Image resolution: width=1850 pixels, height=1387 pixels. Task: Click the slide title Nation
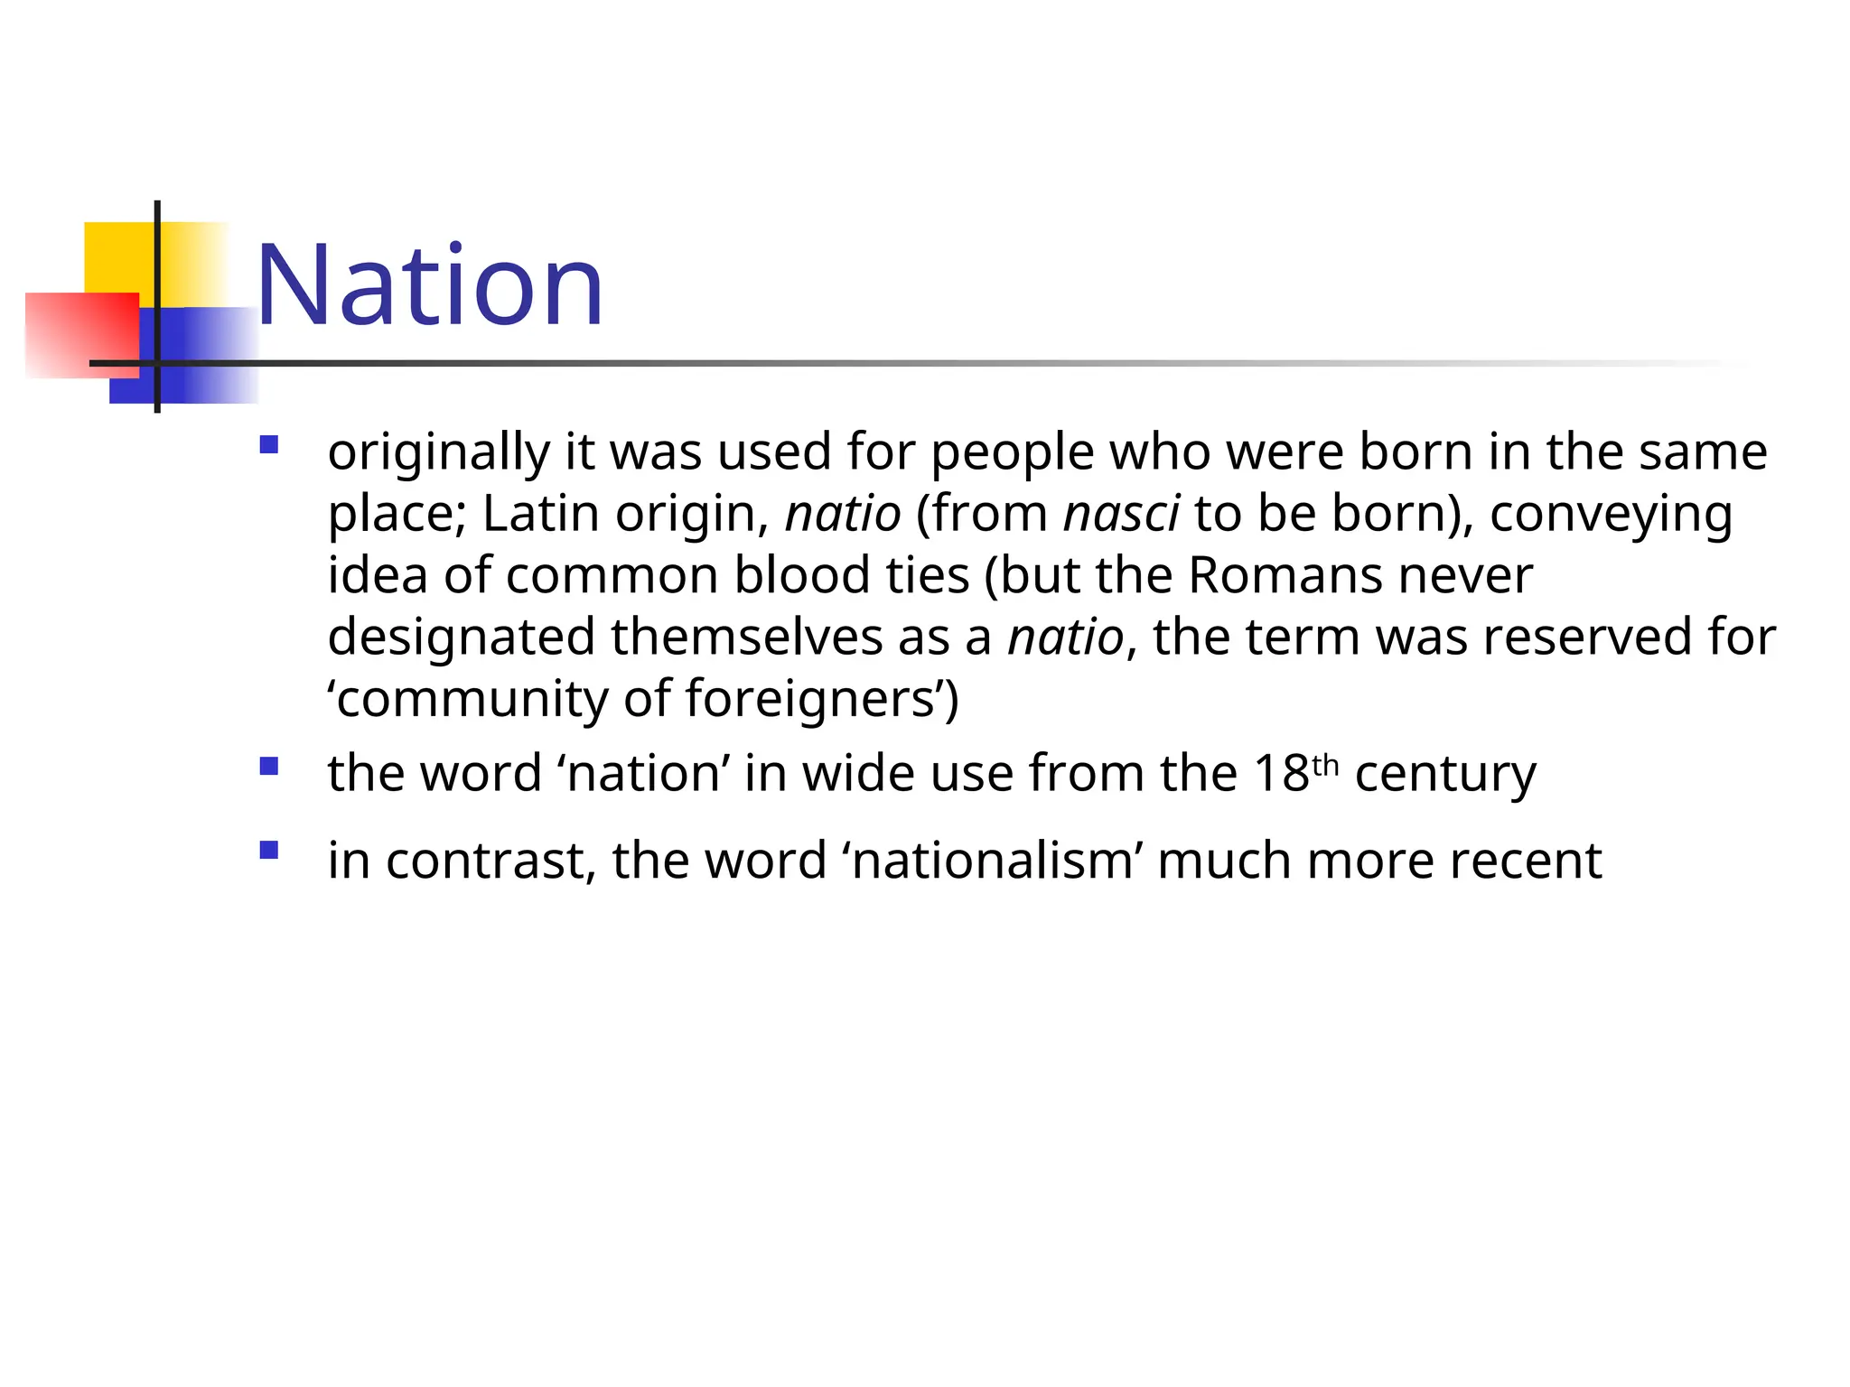tap(430, 286)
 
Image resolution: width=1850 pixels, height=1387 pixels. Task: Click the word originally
tap(438, 451)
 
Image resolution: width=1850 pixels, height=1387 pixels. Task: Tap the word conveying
tap(1611, 515)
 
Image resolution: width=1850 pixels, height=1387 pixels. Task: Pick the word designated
tap(461, 638)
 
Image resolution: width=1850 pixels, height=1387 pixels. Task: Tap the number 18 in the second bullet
tap(1281, 773)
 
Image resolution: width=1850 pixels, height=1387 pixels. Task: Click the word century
tap(1445, 775)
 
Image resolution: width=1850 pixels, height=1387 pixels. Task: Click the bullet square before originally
tap(268, 444)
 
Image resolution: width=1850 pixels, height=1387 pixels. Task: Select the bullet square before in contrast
tap(268, 850)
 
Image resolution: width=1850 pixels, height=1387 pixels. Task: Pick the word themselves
tap(746, 637)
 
